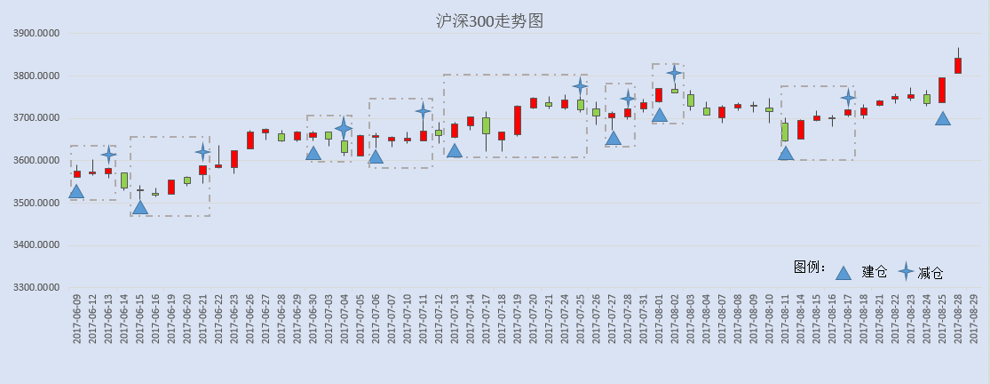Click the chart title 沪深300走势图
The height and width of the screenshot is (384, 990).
pyautogui.click(x=490, y=20)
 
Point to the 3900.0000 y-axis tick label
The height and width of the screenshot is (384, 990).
pyautogui.click(x=36, y=34)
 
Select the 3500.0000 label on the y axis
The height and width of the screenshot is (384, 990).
pyautogui.click(x=36, y=204)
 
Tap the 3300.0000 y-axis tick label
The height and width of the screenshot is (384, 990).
pyautogui.click(x=36, y=288)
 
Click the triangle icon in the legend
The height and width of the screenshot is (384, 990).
pyautogui.click(x=843, y=273)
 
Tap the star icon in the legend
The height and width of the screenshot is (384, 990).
pyautogui.click(x=906, y=272)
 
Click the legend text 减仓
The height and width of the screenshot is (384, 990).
pyautogui.click(x=930, y=273)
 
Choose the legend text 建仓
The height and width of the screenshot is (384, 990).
pyautogui.click(x=875, y=272)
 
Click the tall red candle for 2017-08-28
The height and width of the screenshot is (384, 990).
pyautogui.click(x=958, y=66)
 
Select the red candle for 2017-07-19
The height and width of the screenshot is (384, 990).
pyautogui.click(x=518, y=121)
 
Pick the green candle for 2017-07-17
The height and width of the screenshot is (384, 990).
pyautogui.click(x=487, y=125)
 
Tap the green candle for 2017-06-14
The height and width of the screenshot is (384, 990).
pyautogui.click(x=124, y=180)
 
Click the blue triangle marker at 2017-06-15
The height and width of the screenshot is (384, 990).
pyautogui.click(x=140, y=207)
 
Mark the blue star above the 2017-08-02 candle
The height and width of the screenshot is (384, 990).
pyautogui.click(x=674, y=73)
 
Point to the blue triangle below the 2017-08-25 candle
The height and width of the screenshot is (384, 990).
pyautogui.click(x=943, y=119)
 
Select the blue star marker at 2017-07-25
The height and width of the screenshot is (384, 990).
pyautogui.click(x=581, y=86)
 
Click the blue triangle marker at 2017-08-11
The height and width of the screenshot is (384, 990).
pyautogui.click(x=786, y=153)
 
